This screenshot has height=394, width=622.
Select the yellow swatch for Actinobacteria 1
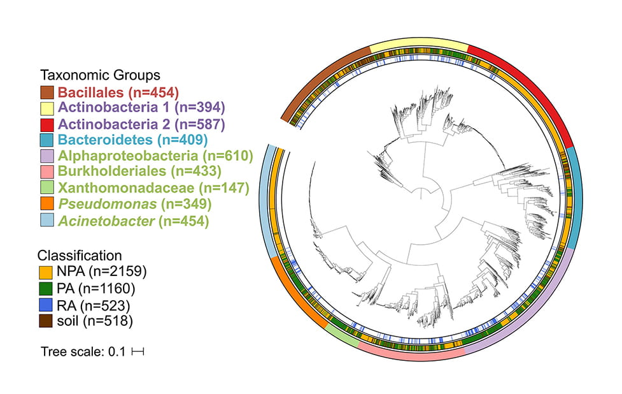click(x=48, y=107)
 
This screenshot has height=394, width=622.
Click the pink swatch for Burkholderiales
click(x=48, y=171)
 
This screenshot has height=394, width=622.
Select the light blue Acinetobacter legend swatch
click(x=48, y=221)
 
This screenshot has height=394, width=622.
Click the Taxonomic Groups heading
click(x=100, y=75)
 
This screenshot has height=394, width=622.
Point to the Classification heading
click(x=80, y=254)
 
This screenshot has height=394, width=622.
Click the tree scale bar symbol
click(x=138, y=351)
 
